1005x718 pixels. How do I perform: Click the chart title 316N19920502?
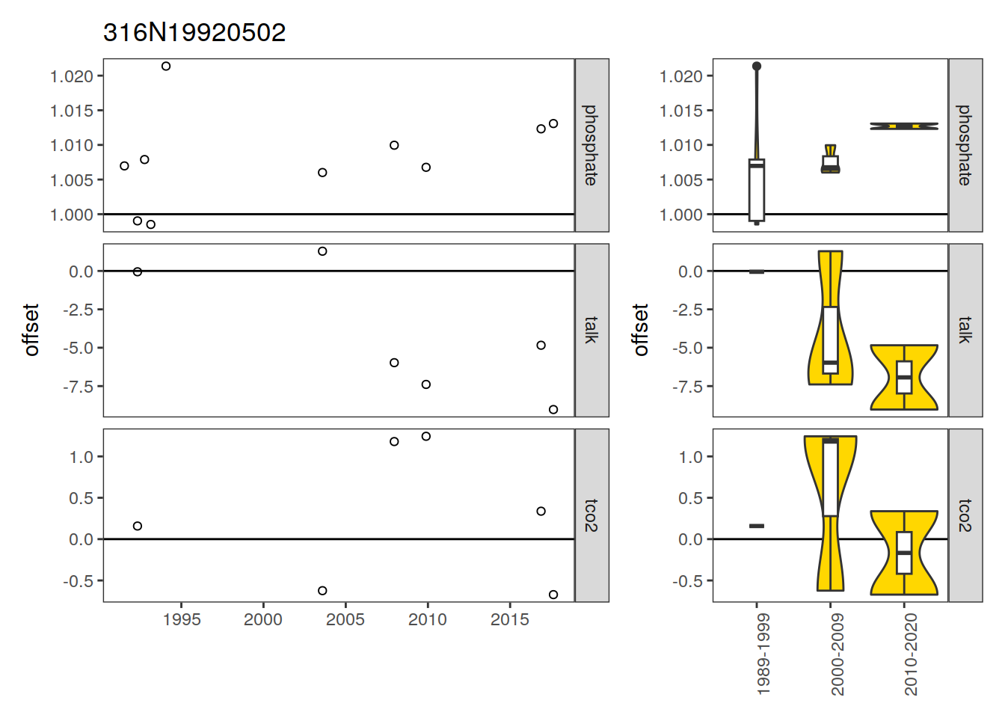194,33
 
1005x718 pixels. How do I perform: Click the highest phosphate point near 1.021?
166,67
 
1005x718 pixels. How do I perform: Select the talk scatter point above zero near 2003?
322,251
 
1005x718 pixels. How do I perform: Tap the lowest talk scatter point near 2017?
553,410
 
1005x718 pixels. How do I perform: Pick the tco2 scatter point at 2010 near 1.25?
426,437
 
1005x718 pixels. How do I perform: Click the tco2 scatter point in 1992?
138,526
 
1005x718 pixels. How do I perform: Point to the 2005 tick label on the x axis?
345,620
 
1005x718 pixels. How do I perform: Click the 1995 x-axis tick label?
181,620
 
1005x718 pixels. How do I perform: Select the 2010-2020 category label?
912,654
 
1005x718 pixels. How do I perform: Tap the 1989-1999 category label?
763,654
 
